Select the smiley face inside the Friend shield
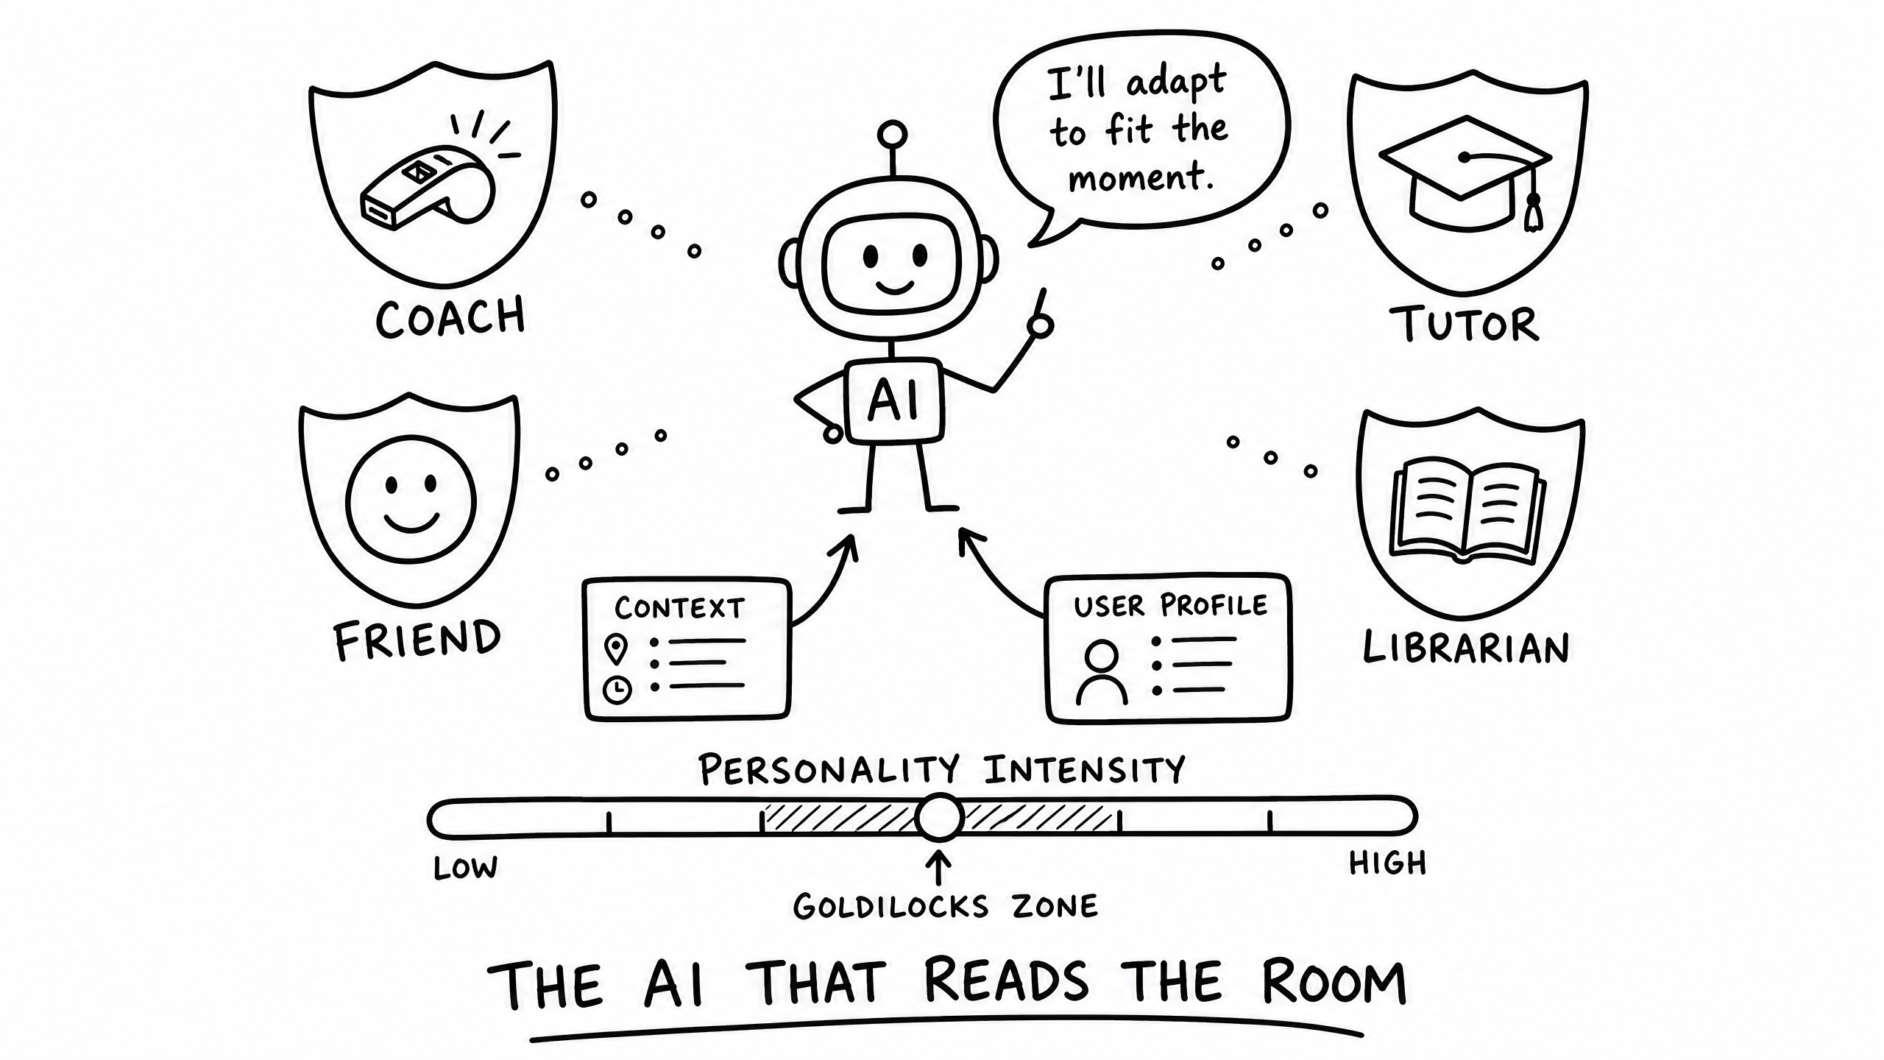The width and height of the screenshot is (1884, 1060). pyautogui.click(x=411, y=501)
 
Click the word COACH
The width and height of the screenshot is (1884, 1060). pyautogui.click(x=450, y=317)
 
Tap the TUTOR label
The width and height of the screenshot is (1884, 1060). pyautogui.click(x=1465, y=325)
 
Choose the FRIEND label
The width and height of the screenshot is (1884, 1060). pyautogui.click(x=417, y=639)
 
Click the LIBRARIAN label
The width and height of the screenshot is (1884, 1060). pyautogui.click(x=1466, y=649)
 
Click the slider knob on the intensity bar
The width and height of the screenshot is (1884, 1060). pyautogui.click(x=940, y=817)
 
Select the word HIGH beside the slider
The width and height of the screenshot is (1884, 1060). pyautogui.click(x=1388, y=863)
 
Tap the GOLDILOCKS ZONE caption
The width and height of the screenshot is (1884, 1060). pyautogui.click(x=946, y=906)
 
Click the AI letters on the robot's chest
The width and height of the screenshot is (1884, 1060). pyautogui.click(x=894, y=401)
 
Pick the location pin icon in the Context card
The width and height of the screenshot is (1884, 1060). pyautogui.click(x=616, y=649)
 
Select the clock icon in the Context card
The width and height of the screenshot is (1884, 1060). pyautogui.click(x=617, y=690)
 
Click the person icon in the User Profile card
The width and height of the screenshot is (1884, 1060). pyautogui.click(x=1102, y=672)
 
